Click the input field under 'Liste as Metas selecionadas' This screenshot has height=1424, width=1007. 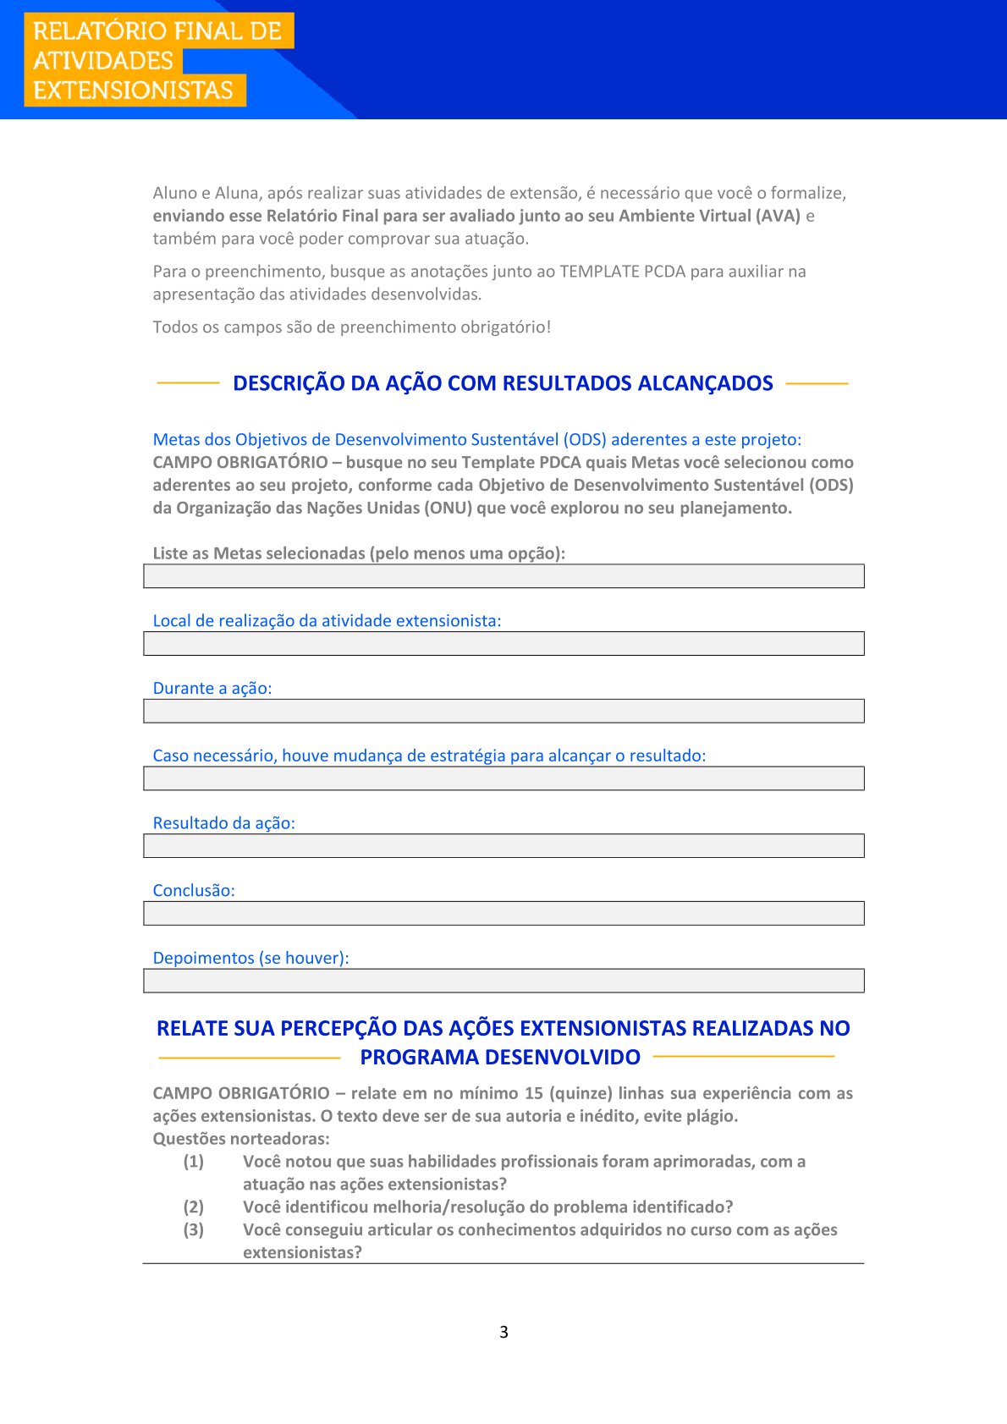(503, 576)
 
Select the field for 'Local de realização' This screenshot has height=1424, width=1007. (503, 644)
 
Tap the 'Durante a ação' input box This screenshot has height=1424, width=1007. (503, 711)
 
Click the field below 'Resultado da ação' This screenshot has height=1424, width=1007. (503, 846)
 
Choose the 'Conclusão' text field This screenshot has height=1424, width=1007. (503, 913)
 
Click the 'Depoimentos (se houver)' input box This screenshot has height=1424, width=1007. (503, 981)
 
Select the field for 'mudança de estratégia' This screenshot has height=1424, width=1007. (503, 778)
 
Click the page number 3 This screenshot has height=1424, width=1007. (503, 1332)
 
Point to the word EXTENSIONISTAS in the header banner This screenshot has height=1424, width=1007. (133, 91)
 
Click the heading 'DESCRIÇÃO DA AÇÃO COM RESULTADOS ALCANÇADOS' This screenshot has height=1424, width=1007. (503, 383)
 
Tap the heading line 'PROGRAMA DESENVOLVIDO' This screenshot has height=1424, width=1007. (500, 1057)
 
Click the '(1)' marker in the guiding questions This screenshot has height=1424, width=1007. (194, 1161)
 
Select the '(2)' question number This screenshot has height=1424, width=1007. (194, 1207)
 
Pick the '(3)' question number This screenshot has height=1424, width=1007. (194, 1229)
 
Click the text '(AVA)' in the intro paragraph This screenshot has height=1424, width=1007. (778, 216)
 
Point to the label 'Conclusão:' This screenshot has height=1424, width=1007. (194, 890)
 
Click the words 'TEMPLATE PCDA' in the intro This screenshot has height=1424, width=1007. (622, 272)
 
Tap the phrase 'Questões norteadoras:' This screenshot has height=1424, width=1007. (241, 1138)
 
